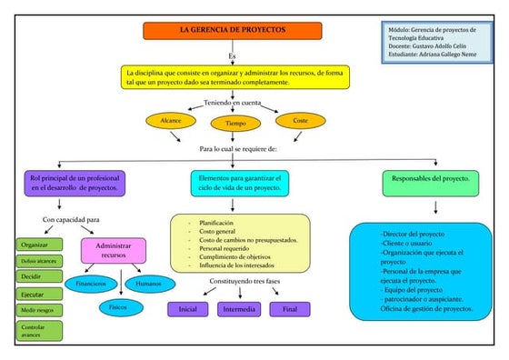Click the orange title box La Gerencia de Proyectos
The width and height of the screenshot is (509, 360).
click(x=233, y=30)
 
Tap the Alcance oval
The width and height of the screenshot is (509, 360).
click(x=171, y=120)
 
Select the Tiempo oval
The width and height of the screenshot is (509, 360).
click(x=235, y=123)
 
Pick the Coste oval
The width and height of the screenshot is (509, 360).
click(x=300, y=120)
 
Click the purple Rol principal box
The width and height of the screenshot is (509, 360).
click(x=75, y=182)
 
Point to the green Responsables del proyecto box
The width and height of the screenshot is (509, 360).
click(x=430, y=180)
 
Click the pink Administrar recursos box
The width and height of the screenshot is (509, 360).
click(x=114, y=250)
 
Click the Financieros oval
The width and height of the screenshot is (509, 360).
click(x=90, y=284)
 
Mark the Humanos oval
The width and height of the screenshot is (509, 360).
click(x=148, y=284)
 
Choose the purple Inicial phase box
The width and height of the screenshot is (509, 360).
click(x=188, y=309)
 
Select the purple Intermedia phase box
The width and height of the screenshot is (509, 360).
click(x=239, y=309)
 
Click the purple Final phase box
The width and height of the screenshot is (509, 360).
click(x=289, y=309)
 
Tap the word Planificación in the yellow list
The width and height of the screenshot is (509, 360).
click(x=215, y=223)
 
